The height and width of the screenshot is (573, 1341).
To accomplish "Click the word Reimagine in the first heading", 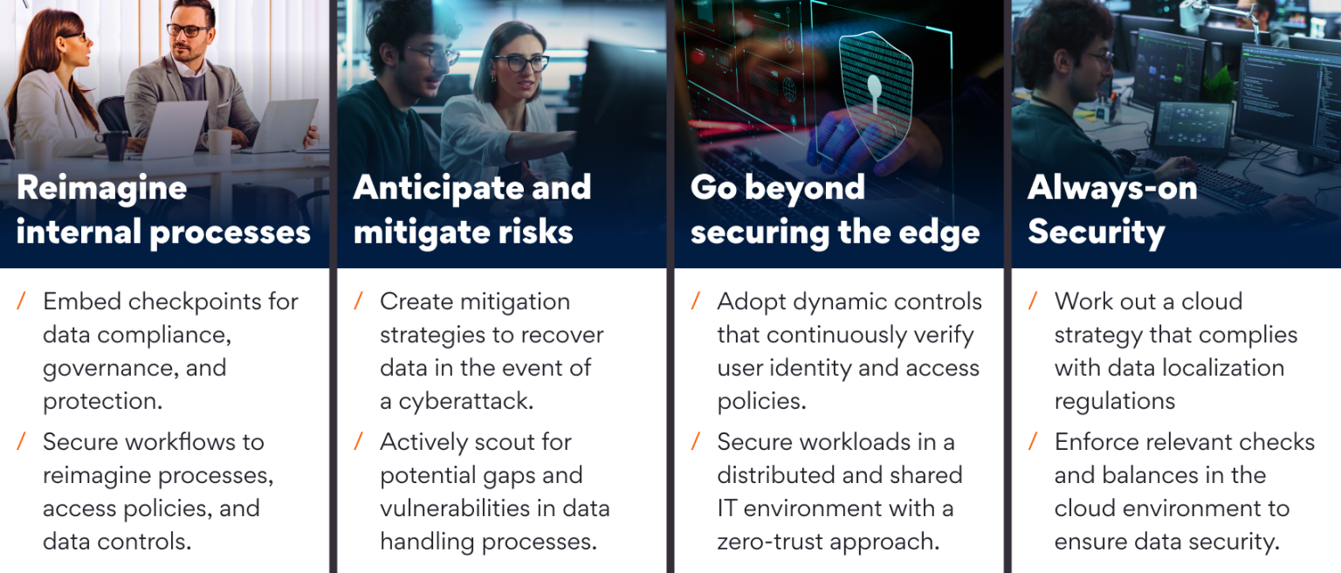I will (x=101, y=188).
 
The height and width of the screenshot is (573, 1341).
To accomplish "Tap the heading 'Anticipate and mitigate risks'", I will (x=471, y=210).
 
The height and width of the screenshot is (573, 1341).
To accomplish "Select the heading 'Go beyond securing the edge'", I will (x=835, y=210).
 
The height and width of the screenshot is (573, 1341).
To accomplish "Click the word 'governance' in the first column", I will (x=108, y=368).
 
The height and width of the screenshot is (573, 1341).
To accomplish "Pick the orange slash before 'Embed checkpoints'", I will (x=21, y=301).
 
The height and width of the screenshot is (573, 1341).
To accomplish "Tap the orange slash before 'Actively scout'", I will (x=358, y=442).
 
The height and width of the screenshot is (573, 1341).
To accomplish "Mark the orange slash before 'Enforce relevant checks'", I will (x=1033, y=442).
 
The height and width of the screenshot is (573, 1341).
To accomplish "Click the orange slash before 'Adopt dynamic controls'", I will (x=695, y=301).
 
